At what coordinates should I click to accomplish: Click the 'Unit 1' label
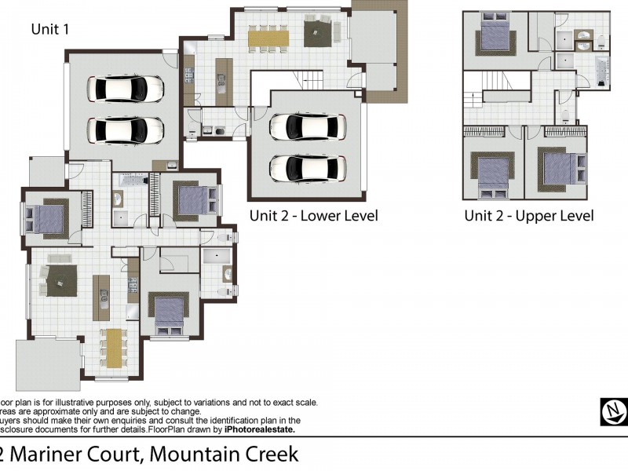click(50, 29)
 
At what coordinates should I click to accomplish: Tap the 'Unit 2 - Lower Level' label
click(313, 215)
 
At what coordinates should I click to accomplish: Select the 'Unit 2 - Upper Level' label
click(529, 215)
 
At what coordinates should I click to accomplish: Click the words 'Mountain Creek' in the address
click(224, 455)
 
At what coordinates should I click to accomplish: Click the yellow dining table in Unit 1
click(115, 348)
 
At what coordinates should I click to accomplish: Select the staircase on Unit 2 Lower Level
click(311, 78)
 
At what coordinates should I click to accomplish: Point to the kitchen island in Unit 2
click(221, 78)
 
